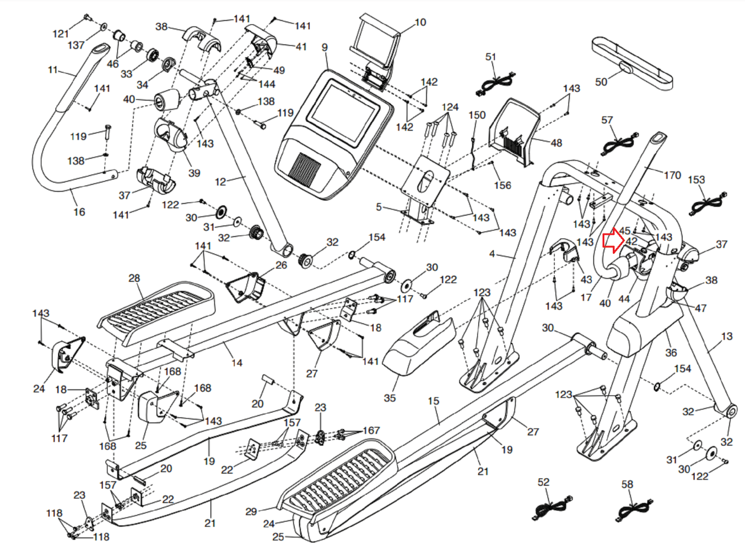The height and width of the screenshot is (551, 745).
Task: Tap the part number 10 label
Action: click(x=420, y=22)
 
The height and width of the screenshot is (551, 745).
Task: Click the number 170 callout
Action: click(x=672, y=175)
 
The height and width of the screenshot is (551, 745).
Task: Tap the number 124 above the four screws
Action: click(x=450, y=107)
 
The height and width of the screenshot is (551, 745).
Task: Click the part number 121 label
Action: click(x=61, y=34)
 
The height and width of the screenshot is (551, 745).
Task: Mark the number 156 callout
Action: click(x=502, y=185)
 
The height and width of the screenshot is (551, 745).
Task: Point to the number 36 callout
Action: click(x=670, y=353)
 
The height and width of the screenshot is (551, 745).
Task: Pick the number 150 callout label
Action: click(x=477, y=115)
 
